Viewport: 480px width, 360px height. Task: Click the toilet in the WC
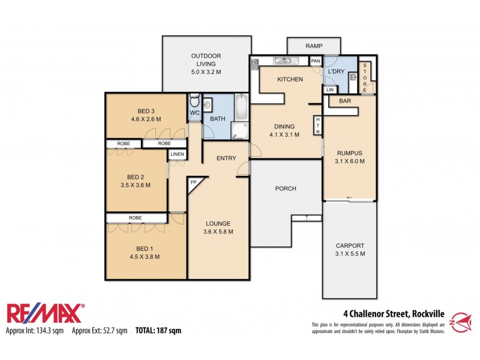194,100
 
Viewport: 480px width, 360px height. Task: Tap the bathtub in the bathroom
241,107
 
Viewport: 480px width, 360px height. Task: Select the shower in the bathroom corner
239,130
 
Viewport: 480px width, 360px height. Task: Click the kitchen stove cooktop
254,64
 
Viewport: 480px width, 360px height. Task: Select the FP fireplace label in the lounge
194,182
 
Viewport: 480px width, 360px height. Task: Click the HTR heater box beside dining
318,125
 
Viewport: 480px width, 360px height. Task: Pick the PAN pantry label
315,61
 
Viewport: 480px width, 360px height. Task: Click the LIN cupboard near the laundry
329,89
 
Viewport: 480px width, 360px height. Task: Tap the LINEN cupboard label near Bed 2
177,155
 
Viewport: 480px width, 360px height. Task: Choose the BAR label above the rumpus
345,101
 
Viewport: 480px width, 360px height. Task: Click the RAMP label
314,46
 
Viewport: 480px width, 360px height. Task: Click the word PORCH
286,188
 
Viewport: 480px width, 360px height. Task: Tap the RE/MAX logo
46,314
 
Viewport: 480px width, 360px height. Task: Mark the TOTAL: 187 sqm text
158,330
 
